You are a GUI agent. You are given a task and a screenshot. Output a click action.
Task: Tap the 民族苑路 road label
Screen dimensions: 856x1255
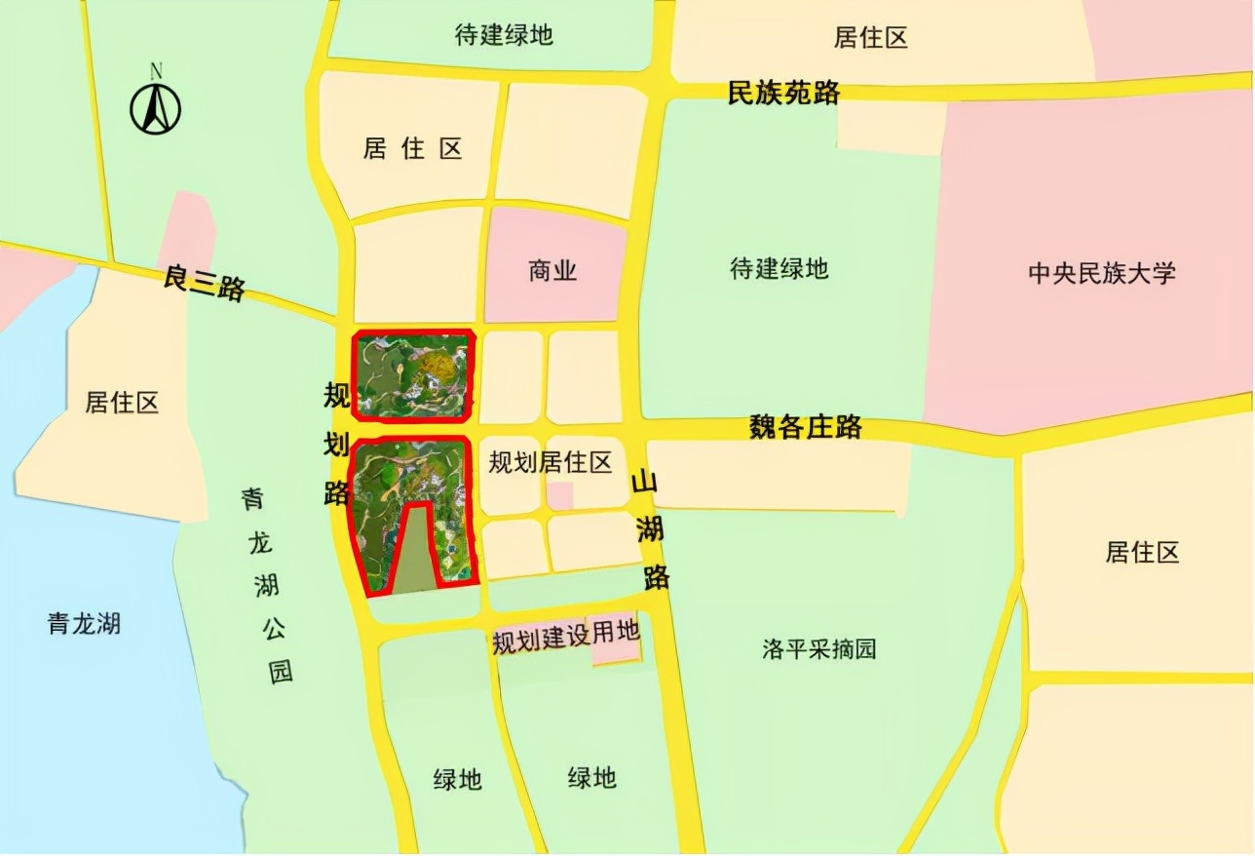click(784, 93)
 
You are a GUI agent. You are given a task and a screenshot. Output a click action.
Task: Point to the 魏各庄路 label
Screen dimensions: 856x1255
click(805, 426)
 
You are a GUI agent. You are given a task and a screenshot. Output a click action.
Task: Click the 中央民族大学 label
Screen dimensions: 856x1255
click(1102, 272)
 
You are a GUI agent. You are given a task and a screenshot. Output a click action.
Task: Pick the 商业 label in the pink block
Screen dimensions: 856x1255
click(552, 270)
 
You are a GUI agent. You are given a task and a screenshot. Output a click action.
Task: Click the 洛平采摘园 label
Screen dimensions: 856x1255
click(819, 649)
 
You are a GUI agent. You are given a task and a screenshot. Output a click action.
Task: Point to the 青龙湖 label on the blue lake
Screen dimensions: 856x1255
click(84, 623)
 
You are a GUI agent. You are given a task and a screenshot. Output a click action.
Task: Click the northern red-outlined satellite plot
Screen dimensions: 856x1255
click(413, 375)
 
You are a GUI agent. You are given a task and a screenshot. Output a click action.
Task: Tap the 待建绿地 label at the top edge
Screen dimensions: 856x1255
click(504, 35)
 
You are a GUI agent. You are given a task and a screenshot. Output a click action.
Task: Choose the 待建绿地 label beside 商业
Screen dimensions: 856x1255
click(779, 268)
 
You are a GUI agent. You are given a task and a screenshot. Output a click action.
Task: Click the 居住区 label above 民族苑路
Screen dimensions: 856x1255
click(871, 38)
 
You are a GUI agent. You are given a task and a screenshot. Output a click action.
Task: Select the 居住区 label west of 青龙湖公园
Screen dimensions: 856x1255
click(122, 402)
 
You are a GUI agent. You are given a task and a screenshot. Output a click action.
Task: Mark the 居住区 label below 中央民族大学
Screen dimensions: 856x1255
click(1142, 553)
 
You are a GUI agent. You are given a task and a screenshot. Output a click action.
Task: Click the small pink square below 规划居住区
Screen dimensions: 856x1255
click(559, 495)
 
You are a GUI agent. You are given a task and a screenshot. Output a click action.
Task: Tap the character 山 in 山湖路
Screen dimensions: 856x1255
click(645, 482)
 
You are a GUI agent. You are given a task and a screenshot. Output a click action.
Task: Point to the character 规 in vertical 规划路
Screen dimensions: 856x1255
click(337, 397)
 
